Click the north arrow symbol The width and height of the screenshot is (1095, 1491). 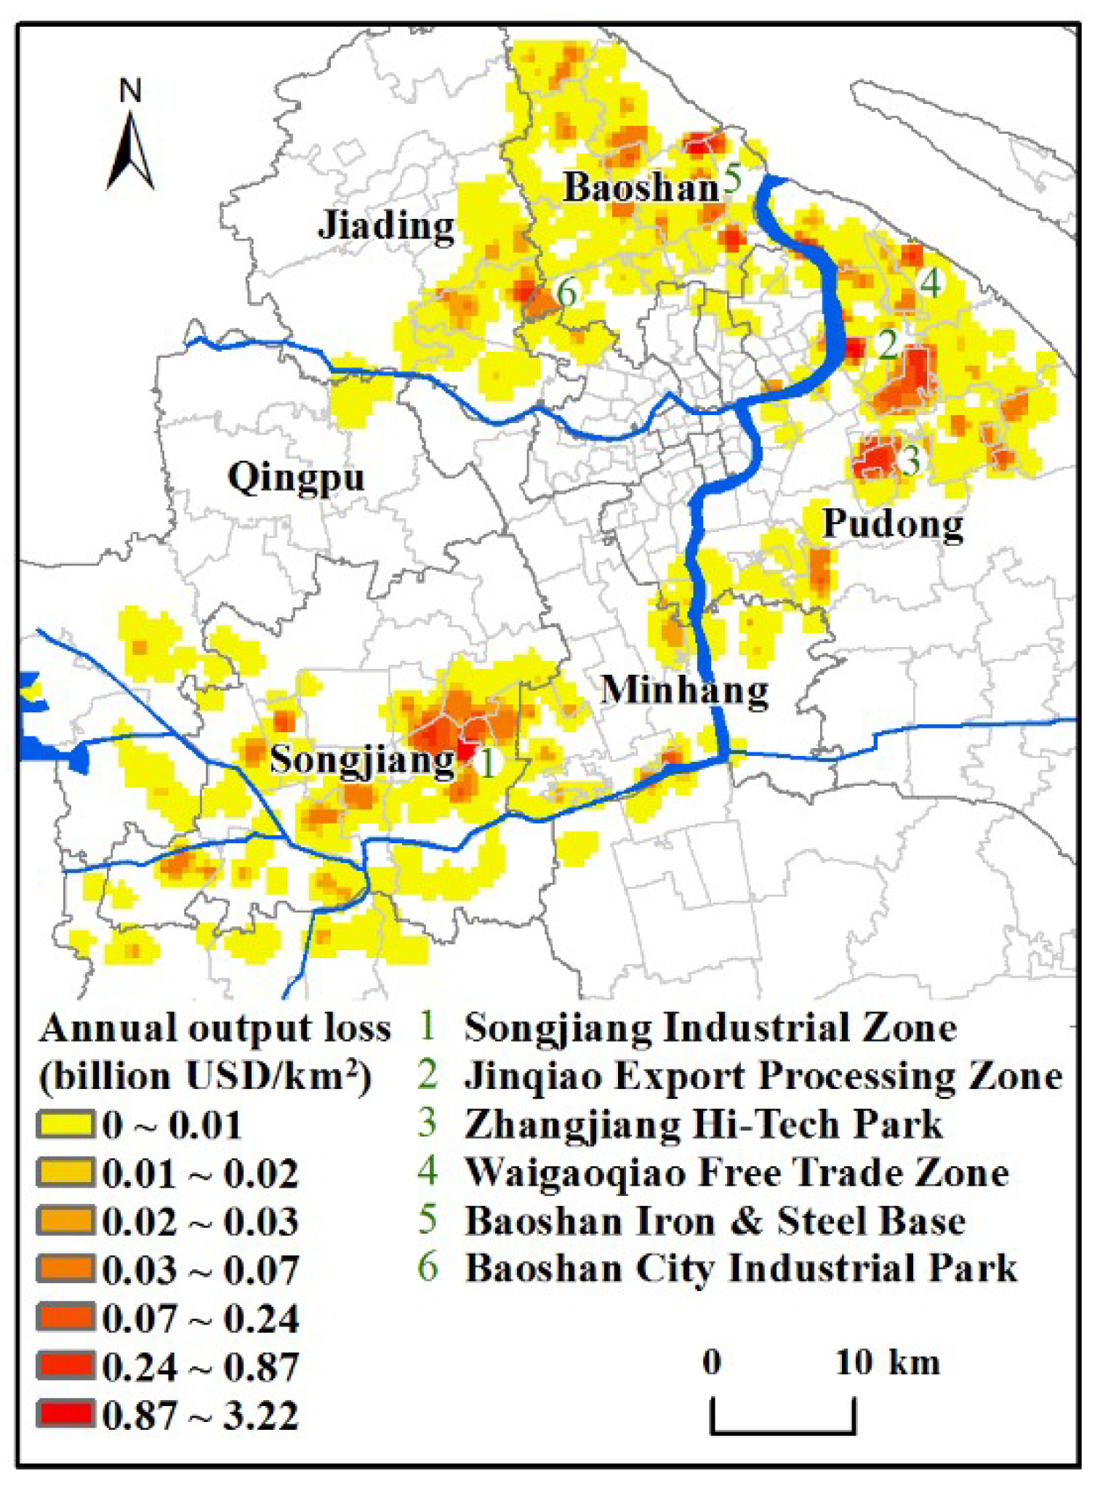pyautogui.click(x=131, y=149)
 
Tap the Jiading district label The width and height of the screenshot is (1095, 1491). pyautogui.click(x=386, y=225)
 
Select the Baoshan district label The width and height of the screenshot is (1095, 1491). pyautogui.click(x=641, y=188)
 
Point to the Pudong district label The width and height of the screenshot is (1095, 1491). pyautogui.click(x=893, y=524)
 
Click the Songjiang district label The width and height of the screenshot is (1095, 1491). pyautogui.click(x=361, y=761)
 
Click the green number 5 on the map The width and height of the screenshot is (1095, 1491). pyautogui.click(x=731, y=179)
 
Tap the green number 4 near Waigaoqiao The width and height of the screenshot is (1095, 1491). pyautogui.click(x=931, y=284)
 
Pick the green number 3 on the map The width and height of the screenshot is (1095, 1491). pyautogui.click(x=910, y=459)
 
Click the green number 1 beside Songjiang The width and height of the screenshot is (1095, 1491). pyautogui.click(x=486, y=763)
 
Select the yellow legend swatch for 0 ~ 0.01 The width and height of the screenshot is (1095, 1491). pyautogui.click(x=65, y=1125)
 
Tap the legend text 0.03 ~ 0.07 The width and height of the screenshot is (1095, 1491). pyautogui.click(x=200, y=1270)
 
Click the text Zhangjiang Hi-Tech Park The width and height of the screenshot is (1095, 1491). pyautogui.click(x=703, y=1125)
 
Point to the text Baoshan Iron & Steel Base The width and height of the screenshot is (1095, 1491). pyautogui.click(x=715, y=1221)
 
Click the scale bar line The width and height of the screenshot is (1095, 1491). pyautogui.click(x=782, y=1431)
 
